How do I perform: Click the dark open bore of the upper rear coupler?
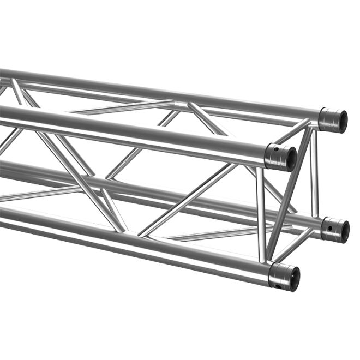pos(341,121)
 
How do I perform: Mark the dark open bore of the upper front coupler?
pos(290,159)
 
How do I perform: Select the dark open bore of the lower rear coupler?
pos(343,230)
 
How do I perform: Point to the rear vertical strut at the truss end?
pos(315,175)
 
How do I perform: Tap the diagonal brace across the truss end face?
pos(289,191)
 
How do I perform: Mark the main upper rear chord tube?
pos(164,93)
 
